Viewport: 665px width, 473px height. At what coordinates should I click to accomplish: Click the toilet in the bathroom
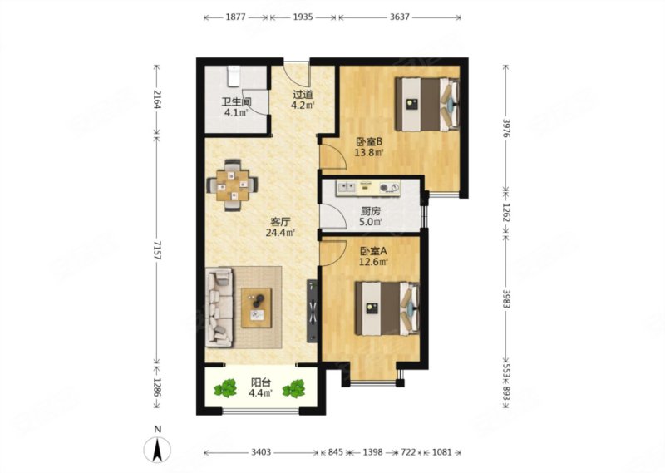click(x=234, y=76)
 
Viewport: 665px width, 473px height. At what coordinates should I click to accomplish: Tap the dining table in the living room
click(x=232, y=185)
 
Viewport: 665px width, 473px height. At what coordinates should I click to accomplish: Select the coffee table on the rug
click(x=256, y=308)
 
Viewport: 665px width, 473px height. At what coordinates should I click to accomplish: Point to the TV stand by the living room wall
click(x=313, y=311)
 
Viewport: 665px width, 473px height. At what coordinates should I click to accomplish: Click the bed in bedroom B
click(x=427, y=104)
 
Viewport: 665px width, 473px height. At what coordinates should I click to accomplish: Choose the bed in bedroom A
click(x=387, y=308)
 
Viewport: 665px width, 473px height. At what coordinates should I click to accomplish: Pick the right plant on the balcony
click(x=294, y=388)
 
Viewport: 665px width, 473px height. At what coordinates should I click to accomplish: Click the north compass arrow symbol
click(x=157, y=450)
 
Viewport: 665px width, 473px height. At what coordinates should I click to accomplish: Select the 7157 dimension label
click(x=158, y=250)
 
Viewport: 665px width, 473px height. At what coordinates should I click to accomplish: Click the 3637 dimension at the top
click(x=399, y=17)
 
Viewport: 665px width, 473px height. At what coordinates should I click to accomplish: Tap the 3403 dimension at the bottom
click(x=261, y=452)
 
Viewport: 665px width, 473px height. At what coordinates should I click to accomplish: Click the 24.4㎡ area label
click(x=280, y=233)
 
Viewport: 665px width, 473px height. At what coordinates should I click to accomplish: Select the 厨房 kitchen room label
click(x=370, y=211)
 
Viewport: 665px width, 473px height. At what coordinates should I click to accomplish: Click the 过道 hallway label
click(x=303, y=95)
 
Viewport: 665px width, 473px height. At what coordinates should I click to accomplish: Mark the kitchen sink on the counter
click(x=347, y=187)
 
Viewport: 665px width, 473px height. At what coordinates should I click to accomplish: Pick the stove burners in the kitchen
click(x=389, y=187)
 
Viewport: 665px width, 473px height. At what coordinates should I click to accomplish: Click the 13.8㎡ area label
click(x=369, y=152)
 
